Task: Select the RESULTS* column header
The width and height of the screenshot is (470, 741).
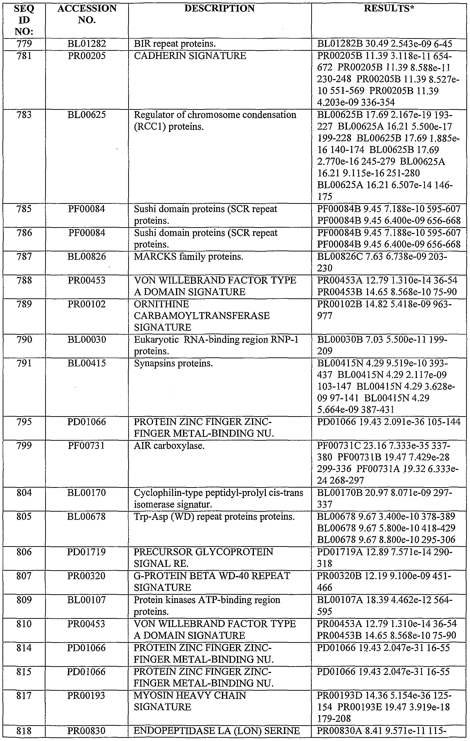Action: tap(389, 9)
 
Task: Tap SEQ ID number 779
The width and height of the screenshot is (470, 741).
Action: tap(24, 44)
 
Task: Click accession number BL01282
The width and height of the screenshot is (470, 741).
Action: tap(87, 44)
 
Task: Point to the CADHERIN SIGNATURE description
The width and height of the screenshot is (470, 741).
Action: tap(190, 56)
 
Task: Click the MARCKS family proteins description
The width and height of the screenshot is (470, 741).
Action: tap(188, 256)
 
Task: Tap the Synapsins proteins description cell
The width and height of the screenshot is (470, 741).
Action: tap(173, 363)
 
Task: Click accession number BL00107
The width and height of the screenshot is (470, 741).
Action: tap(87, 600)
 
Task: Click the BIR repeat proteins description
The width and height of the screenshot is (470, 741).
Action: tap(175, 44)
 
